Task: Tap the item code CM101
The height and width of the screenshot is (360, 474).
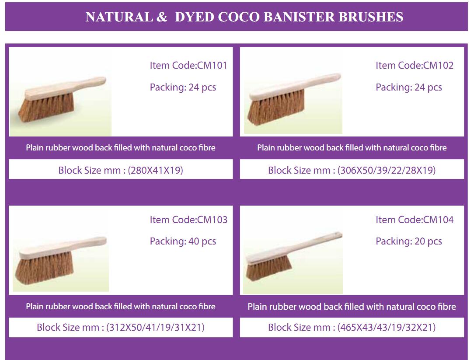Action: (x=212, y=65)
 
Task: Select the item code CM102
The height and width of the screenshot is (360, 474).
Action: (x=438, y=65)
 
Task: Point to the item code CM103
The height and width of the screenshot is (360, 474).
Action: (x=212, y=220)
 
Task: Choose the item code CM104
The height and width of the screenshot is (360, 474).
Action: (x=438, y=220)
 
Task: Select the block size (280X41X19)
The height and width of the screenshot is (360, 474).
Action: (x=155, y=170)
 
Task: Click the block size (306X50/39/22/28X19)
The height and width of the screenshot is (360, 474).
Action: (x=387, y=170)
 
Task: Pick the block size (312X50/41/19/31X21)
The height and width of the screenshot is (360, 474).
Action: (x=155, y=327)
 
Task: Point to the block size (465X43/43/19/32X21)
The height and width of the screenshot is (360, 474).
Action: (x=387, y=327)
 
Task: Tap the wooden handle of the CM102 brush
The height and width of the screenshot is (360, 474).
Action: (x=317, y=82)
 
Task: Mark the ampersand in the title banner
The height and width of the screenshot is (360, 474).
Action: (x=162, y=17)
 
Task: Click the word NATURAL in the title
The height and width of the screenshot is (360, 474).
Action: (x=119, y=17)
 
